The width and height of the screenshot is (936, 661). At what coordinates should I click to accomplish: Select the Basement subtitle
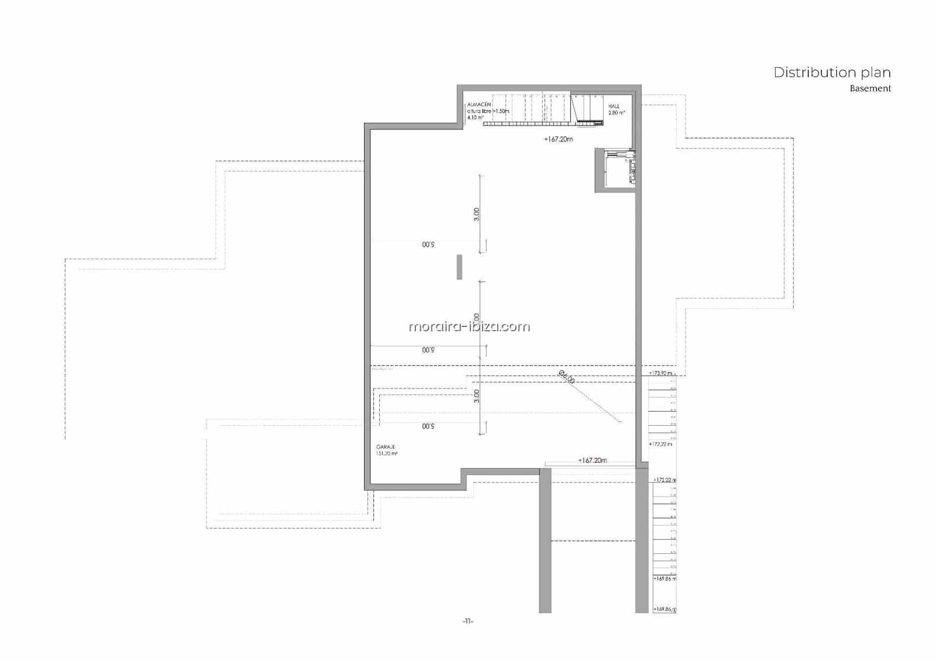[x=870, y=89]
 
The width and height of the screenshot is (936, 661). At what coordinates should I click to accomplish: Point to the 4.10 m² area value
[x=475, y=118]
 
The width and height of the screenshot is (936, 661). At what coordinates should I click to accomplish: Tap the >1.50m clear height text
[x=501, y=111]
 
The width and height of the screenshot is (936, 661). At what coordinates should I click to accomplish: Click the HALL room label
[x=614, y=106]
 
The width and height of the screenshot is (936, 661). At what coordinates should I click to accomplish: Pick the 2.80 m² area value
[x=617, y=113]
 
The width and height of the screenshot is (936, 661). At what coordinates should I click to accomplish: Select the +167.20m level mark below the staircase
[x=558, y=139]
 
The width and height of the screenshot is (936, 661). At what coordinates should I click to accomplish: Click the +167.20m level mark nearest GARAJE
[x=592, y=460]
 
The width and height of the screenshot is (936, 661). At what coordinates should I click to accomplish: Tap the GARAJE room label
[x=386, y=447]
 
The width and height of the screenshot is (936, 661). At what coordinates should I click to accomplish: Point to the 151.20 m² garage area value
[x=387, y=454]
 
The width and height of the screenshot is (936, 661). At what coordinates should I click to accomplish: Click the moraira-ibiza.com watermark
[x=469, y=326]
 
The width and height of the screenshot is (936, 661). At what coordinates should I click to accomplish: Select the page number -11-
[x=467, y=621]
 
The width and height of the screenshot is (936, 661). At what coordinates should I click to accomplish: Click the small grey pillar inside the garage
[x=460, y=267]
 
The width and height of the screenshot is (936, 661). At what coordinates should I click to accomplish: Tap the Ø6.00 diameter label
[x=566, y=377]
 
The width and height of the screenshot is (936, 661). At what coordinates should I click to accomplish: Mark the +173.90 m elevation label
[x=661, y=373]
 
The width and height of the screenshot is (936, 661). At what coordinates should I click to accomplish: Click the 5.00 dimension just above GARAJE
[x=428, y=426]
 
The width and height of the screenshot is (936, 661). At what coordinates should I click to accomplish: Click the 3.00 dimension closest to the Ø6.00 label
[x=477, y=396]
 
